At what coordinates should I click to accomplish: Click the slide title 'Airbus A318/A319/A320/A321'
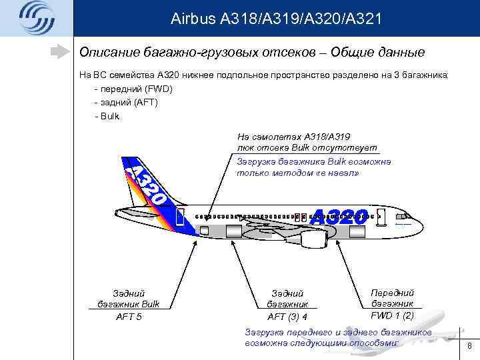(x=276, y=18)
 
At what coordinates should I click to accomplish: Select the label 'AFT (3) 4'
(x=287, y=317)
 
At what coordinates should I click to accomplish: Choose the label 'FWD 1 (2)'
(x=393, y=315)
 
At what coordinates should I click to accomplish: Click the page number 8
(x=469, y=346)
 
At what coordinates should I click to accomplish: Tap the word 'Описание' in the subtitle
(x=106, y=51)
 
